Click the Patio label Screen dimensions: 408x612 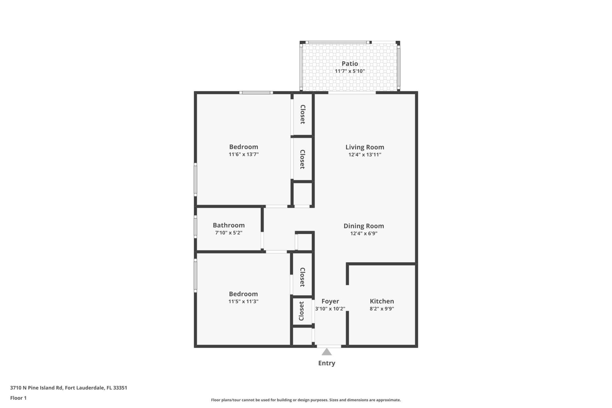pos(350,63)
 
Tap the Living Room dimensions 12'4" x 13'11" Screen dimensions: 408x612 pos(365,155)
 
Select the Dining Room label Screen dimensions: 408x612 pos(364,226)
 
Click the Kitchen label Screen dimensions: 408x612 pos(382,301)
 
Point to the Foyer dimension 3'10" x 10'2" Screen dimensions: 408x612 pos(330,309)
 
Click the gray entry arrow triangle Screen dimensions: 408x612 pos(326,352)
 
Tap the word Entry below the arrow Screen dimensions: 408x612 pos(326,363)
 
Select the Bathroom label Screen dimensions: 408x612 pos(229,225)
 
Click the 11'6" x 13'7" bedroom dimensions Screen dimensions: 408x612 pos(244,154)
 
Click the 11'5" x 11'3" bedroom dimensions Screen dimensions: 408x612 pos(243,302)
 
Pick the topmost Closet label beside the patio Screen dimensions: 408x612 pos(303,114)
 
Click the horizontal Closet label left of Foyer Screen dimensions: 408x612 pos(302,311)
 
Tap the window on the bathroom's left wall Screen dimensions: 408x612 pos(195,227)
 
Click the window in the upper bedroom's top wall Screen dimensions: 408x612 pos(256,93)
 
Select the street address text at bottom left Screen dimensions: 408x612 pos(69,388)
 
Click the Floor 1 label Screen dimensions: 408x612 pos(18,398)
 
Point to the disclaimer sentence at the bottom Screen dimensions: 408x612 pos(306,400)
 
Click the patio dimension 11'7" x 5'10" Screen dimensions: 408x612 pos(350,71)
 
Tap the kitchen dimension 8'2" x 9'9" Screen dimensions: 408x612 pos(382,309)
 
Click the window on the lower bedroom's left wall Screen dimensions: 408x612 pos(195,275)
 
